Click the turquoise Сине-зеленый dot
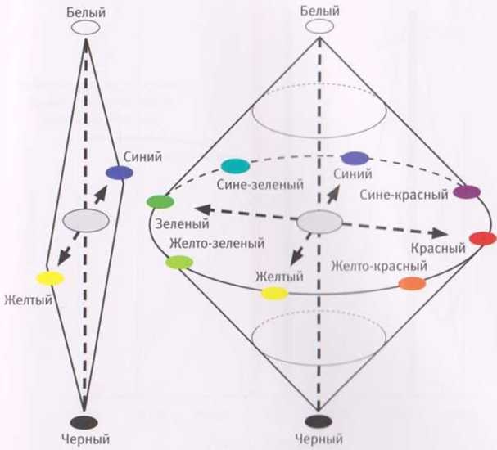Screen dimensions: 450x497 (x=234, y=166)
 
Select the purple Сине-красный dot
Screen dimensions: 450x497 (x=466, y=192)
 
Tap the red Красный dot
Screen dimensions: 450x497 (x=482, y=240)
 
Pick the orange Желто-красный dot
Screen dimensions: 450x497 (x=412, y=284)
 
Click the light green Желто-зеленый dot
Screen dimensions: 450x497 (x=178, y=262)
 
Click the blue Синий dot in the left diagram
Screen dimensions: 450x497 (x=119, y=172)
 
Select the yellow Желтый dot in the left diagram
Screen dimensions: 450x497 (x=50, y=277)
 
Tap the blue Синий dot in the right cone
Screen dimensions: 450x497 (x=355, y=159)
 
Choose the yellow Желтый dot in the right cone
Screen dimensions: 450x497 (x=274, y=293)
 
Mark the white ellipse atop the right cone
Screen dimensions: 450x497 (x=319, y=27)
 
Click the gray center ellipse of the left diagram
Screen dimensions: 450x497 (x=85, y=220)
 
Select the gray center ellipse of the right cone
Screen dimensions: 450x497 (x=319, y=221)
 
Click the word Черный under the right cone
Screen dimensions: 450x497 (x=319, y=441)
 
